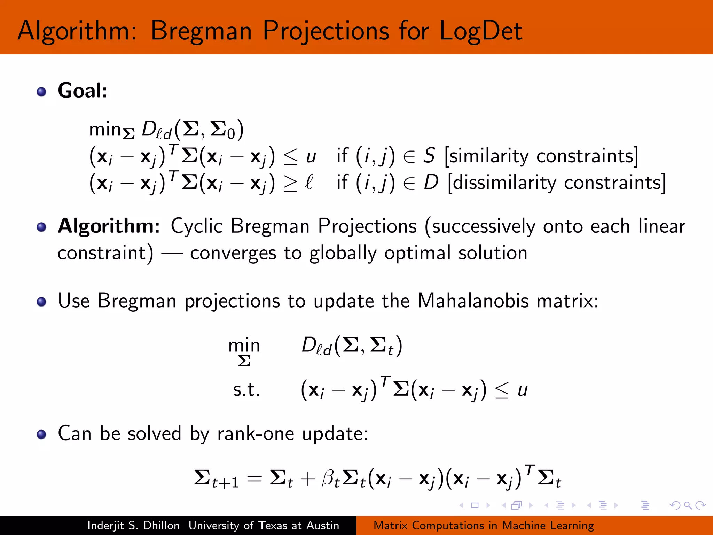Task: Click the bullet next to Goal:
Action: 41,92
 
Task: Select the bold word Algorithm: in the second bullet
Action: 109,226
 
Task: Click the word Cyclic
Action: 196,226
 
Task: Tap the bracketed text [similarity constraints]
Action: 541,156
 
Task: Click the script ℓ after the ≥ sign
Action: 309,182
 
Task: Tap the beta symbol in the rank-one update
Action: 330,478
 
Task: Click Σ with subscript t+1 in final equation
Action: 216,479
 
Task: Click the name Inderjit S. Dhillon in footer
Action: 133,525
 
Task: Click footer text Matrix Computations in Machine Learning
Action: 484,525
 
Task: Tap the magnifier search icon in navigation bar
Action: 688,505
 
